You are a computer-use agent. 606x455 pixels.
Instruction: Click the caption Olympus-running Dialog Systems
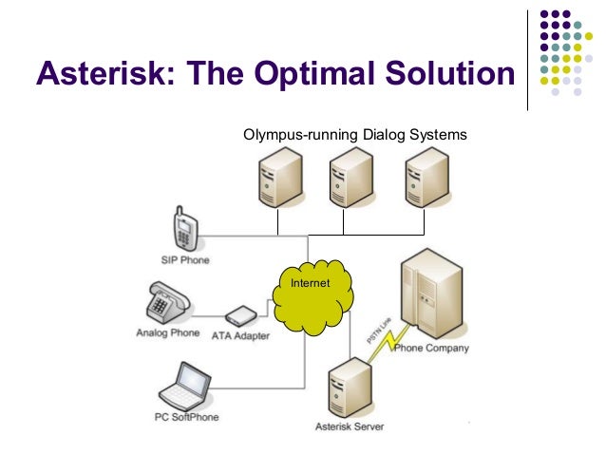(354, 135)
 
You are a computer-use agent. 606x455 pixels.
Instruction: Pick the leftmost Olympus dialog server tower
(276, 180)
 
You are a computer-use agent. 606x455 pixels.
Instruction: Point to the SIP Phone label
(185, 259)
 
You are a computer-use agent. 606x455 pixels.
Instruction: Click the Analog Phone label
(167, 333)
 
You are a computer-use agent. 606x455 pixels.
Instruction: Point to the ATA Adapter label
(240, 335)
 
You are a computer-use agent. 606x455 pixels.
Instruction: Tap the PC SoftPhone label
(187, 416)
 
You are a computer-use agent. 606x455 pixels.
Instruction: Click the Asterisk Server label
(350, 427)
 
